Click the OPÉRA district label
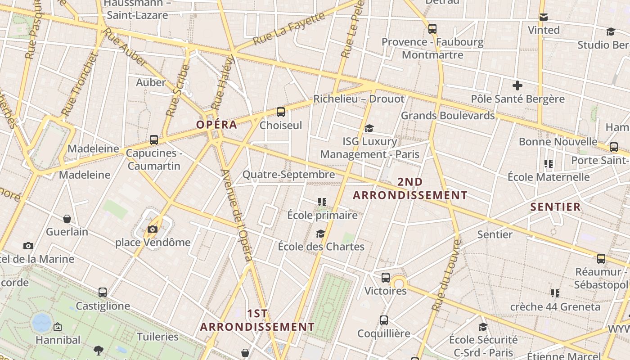coord(216,125)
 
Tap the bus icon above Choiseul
coord(281,112)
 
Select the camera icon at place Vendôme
coord(153,229)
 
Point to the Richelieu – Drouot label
coord(359,99)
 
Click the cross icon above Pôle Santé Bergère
coord(517,85)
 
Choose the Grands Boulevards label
coord(448,116)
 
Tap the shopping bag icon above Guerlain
coord(67,219)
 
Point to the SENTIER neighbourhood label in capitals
coord(555,207)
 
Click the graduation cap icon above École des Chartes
coord(320,234)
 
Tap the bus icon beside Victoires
coord(386,278)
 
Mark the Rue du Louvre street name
coord(446,275)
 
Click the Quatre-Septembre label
coord(288,175)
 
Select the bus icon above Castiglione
coord(103,292)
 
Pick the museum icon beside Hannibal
coord(58,327)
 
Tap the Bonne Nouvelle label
coord(558,142)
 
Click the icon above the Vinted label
coord(544,17)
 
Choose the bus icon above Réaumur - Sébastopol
coord(601,259)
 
